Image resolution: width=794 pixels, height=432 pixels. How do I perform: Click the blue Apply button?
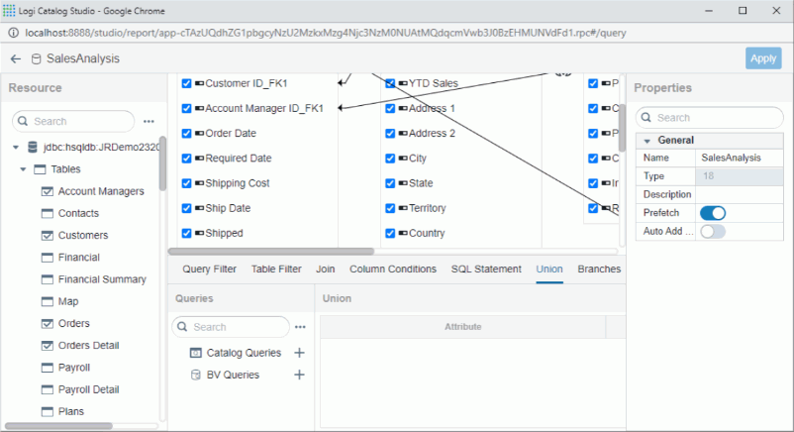(x=762, y=58)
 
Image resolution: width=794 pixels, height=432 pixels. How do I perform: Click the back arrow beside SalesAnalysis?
(x=16, y=59)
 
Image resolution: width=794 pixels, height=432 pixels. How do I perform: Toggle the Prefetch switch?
(x=713, y=213)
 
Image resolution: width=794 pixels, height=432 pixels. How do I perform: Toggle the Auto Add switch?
(x=713, y=232)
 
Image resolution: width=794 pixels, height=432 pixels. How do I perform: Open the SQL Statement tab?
(x=486, y=270)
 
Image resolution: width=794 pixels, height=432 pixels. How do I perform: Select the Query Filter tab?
(x=209, y=270)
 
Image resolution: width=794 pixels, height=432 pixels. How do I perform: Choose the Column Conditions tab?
(x=393, y=270)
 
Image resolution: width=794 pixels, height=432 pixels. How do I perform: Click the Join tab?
(x=326, y=270)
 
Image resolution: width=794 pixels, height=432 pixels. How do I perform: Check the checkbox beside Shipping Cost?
(x=187, y=183)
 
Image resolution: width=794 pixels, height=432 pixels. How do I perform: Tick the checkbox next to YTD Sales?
(x=391, y=83)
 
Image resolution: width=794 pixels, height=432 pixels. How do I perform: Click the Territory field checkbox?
(x=391, y=209)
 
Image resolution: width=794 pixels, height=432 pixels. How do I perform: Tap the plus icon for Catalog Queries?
(x=300, y=353)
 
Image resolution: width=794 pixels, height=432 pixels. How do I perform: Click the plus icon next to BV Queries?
(x=300, y=375)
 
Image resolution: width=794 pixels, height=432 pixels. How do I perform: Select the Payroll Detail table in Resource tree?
(x=88, y=389)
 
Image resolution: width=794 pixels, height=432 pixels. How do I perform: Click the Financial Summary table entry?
(x=102, y=279)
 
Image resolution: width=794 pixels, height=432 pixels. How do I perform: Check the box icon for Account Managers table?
(x=47, y=191)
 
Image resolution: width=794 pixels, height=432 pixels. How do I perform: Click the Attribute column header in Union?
(x=462, y=327)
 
